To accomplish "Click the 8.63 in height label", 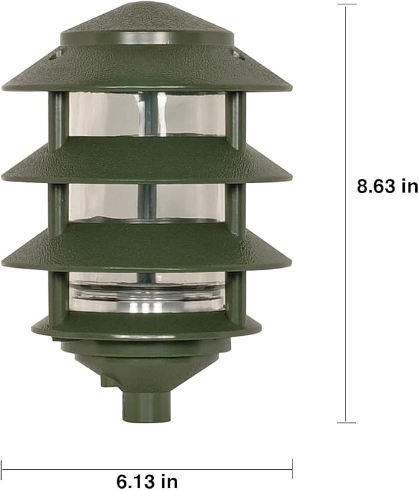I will coord(387,186).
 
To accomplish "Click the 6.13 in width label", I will coord(147,480).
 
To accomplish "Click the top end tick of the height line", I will coord(346,5).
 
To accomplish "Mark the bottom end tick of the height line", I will coord(346,423).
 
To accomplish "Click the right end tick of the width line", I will coord(292,468).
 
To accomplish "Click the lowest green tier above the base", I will coord(146,326).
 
